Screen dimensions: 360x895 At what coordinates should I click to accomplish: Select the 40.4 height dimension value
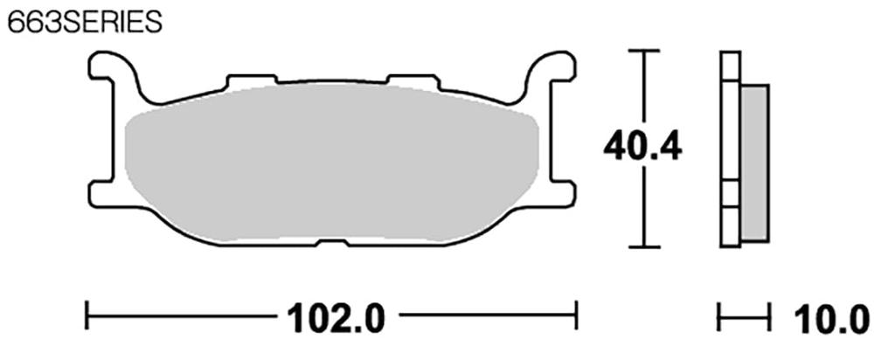click(642, 148)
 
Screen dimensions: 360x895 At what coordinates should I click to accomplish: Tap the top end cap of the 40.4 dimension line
click(643, 52)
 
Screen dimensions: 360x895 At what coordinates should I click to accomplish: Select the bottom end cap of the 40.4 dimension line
click(643, 248)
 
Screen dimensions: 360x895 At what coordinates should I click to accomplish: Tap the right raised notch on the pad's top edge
click(411, 81)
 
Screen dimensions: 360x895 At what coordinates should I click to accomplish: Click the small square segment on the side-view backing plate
click(730, 193)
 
